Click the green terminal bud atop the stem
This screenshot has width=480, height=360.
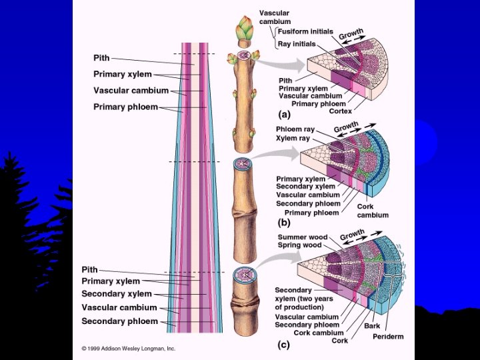point(244,31)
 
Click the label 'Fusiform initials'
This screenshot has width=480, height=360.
point(305,31)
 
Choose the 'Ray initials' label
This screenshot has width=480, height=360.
point(297,44)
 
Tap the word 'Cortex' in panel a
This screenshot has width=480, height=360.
point(341,111)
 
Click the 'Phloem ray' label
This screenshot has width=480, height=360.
point(295,129)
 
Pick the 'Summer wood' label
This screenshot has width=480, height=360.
point(302,237)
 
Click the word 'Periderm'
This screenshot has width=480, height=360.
point(388,337)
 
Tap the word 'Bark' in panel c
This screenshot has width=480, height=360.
point(372,326)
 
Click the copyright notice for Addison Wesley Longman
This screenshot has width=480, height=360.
point(128,348)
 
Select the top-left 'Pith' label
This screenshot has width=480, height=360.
point(101,59)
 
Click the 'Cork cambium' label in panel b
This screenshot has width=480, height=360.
point(373,211)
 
